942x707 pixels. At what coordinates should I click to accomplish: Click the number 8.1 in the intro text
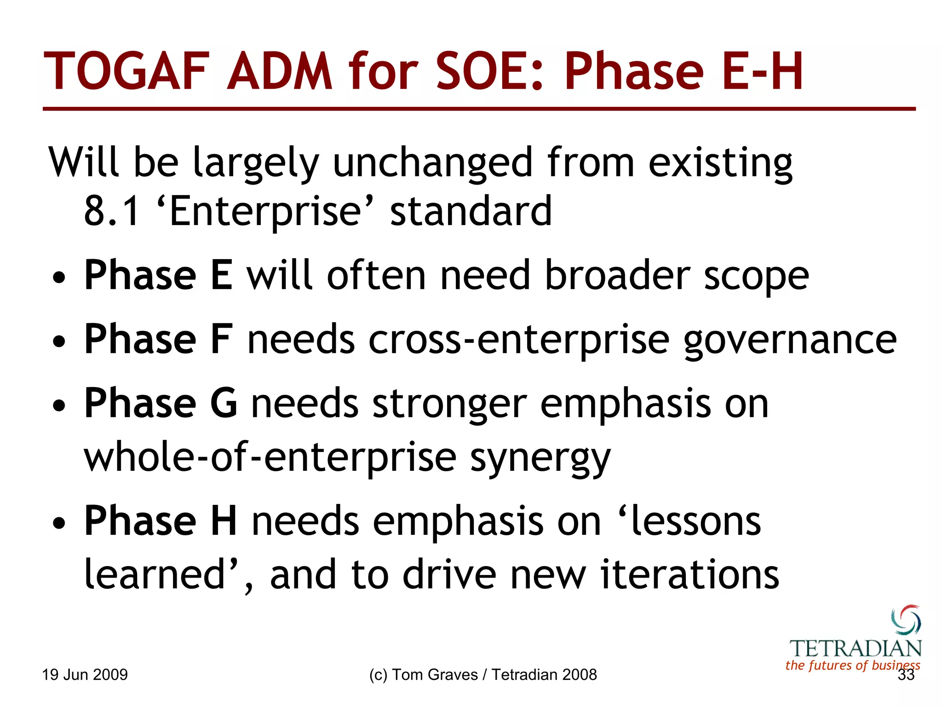(x=111, y=211)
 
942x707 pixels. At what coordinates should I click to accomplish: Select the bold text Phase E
(x=158, y=275)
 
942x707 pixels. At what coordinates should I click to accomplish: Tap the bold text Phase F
(x=158, y=339)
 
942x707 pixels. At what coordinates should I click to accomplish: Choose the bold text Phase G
(x=161, y=403)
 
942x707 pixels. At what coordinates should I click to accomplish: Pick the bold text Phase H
(x=161, y=521)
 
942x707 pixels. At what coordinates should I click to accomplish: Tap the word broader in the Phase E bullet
(x=617, y=275)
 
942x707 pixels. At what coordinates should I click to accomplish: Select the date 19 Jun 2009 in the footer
(x=85, y=675)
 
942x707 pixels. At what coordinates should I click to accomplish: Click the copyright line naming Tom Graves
(x=483, y=675)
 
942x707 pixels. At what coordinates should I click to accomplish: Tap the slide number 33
(x=906, y=675)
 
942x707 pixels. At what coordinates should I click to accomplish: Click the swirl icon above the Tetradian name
(x=906, y=620)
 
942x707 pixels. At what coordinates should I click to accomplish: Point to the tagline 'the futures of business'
(x=852, y=665)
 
